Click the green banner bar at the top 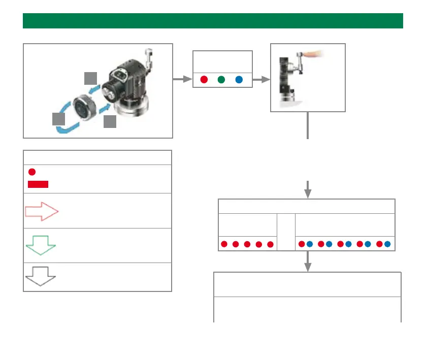coord(213,21)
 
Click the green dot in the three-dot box coord(221,80)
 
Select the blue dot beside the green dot coord(239,80)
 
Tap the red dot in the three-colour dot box coord(204,80)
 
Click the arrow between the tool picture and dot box coord(181,79)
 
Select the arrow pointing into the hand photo coord(260,80)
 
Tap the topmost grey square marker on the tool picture coord(90,78)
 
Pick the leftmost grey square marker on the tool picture coord(59,119)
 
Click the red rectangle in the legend coord(38,184)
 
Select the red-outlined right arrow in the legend coord(42,211)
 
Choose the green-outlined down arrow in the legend coord(41,245)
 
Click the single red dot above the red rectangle coord(31,172)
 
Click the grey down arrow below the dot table coord(307,262)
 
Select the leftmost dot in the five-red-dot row coord(224,245)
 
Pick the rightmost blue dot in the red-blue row coord(387,245)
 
